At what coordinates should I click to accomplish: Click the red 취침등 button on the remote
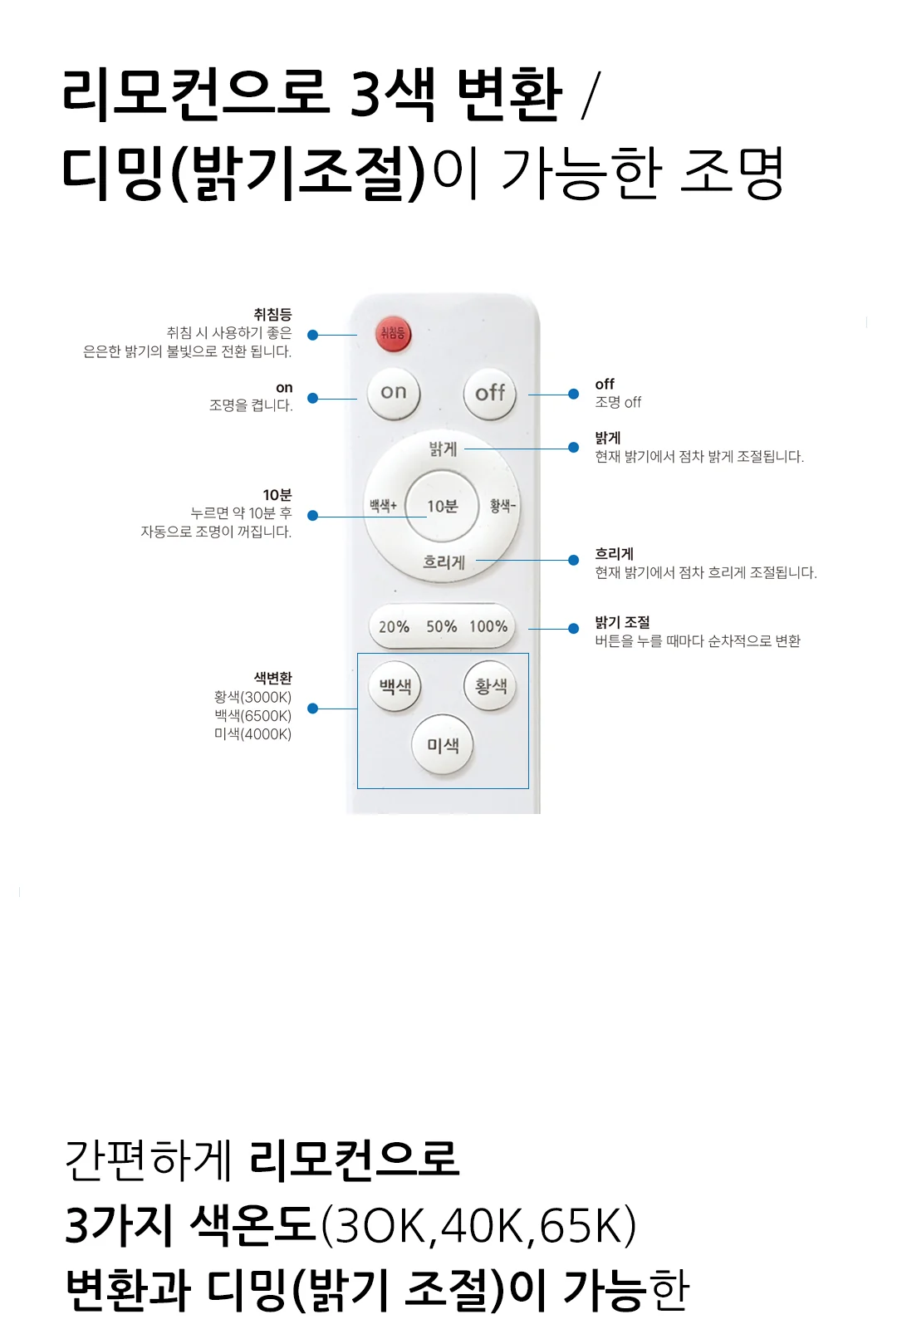click(394, 333)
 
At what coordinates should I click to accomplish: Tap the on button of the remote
click(394, 393)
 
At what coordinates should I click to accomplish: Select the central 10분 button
click(443, 506)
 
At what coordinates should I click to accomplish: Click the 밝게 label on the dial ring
click(444, 449)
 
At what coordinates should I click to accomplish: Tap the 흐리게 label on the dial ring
click(444, 562)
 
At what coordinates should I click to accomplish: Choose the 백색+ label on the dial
click(383, 506)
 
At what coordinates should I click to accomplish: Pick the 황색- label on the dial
click(502, 506)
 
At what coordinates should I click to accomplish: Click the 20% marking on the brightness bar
click(394, 626)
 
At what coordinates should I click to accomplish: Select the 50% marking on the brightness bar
click(441, 626)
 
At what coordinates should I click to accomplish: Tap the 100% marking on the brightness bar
click(488, 626)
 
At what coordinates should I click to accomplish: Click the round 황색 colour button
click(491, 686)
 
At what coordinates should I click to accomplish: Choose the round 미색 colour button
click(444, 744)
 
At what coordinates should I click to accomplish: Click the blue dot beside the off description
click(574, 394)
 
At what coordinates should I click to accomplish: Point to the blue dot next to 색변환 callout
click(312, 709)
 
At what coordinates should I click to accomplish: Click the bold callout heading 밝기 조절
click(622, 622)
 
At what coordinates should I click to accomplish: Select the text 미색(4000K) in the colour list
click(252, 734)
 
